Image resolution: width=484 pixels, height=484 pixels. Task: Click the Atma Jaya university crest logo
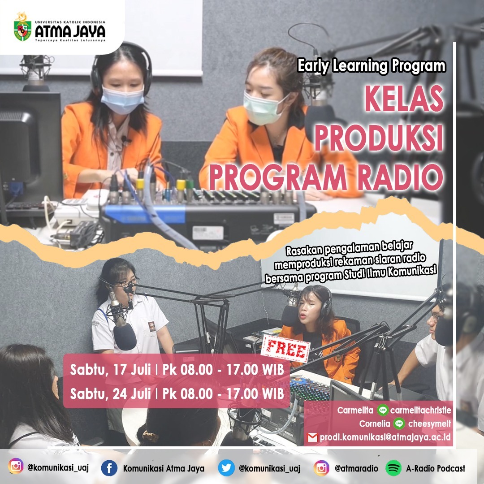pos(22,27)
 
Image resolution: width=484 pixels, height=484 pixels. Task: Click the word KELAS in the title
pos(404,98)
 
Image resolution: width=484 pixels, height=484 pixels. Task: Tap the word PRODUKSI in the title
pos(379,138)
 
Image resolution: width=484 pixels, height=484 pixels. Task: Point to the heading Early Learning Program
pos(372,66)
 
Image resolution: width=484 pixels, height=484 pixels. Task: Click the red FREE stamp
pos(285,349)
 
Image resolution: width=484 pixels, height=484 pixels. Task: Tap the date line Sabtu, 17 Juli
pos(110,370)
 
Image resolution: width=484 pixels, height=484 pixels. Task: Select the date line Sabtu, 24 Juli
pos(110,394)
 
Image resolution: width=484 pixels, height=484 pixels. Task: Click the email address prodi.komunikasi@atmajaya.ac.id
pos(385,437)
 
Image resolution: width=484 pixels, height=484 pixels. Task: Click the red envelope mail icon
pos(312,437)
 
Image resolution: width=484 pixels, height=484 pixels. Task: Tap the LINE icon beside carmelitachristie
pos(383,410)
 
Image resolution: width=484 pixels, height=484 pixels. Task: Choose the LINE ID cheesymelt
pos(429,424)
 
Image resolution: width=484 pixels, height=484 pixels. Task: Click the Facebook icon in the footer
pos(109,468)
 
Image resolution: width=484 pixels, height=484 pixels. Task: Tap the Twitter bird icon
pos(226,468)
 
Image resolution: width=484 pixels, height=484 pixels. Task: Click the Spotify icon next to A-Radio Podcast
pos(393,468)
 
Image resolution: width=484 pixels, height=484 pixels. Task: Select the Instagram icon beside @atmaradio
pos(321,468)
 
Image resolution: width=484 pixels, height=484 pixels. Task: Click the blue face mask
pos(122,99)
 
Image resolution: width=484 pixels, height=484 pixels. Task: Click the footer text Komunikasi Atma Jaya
pos(164,469)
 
